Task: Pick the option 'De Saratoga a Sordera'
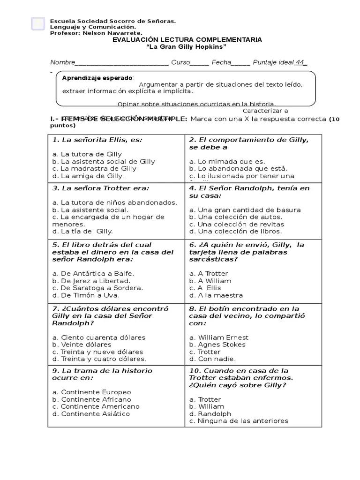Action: pyautogui.click(x=97, y=288)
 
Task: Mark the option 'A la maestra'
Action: pyautogui.click(x=216, y=295)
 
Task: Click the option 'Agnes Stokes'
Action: pyautogui.click(x=217, y=345)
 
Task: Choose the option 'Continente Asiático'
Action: pyautogui.click(x=91, y=414)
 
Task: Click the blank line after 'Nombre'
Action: pyautogui.click(x=122, y=63)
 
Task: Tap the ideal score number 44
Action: pyautogui.click(x=300, y=62)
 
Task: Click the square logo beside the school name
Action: pyautogui.click(x=37, y=24)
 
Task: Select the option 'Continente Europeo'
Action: pyautogui.click(x=91, y=392)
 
